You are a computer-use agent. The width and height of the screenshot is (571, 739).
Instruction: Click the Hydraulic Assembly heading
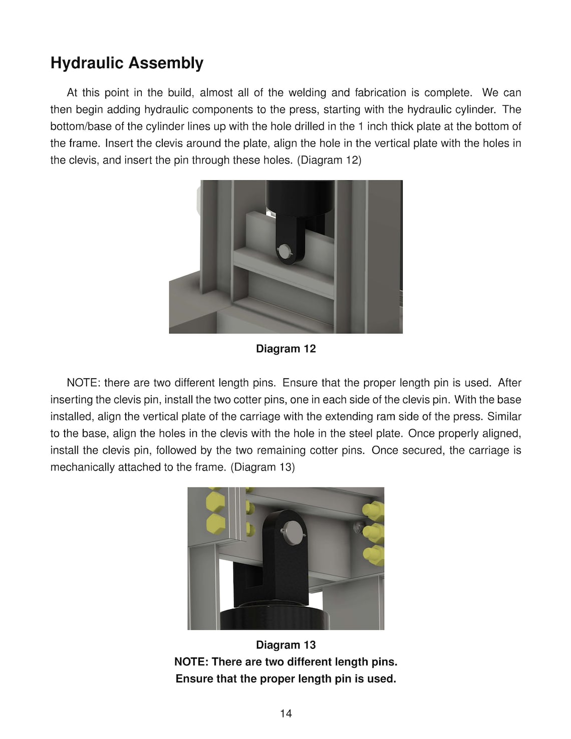tap(127, 63)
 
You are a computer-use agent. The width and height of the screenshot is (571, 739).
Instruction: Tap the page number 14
tap(285, 713)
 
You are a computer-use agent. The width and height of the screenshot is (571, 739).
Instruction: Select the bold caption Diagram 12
tap(285, 349)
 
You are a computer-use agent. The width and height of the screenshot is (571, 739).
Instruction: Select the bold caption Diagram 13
tap(285, 645)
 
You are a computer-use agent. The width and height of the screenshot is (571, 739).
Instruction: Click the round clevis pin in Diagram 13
tap(292, 531)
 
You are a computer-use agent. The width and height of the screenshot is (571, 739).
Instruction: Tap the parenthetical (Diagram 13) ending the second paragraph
tap(262, 467)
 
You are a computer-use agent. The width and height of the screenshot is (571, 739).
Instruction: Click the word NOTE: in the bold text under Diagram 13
tap(191, 662)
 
